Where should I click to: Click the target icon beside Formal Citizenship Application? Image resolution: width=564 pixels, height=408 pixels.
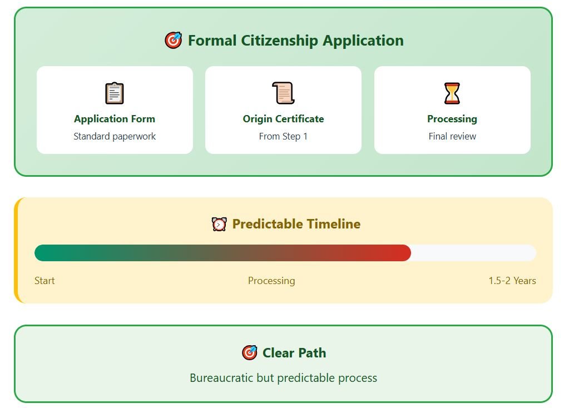point(174,40)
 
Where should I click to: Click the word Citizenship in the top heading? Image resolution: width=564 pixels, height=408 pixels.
point(279,41)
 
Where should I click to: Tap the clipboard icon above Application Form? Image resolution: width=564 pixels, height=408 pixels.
point(115,93)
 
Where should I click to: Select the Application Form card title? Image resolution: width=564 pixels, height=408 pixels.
point(115,118)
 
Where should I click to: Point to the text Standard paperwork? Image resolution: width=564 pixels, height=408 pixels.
point(115,136)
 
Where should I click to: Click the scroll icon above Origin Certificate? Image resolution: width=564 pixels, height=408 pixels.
point(283,93)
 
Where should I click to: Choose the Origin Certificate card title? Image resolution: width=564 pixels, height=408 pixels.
point(283,118)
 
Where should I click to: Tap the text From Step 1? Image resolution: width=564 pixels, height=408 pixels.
point(283,136)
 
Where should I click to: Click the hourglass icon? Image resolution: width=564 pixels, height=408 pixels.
point(452,93)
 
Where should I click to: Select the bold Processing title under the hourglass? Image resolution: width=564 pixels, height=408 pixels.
point(452,118)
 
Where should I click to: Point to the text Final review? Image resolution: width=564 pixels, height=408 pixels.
point(452,136)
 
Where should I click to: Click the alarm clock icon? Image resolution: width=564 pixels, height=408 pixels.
point(219,224)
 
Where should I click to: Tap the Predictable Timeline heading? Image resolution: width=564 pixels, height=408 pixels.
point(296,224)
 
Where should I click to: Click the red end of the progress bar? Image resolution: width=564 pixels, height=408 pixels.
point(405,253)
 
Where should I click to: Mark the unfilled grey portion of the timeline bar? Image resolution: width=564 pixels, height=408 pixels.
point(474,253)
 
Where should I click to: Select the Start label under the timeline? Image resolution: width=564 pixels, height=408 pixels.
point(44,280)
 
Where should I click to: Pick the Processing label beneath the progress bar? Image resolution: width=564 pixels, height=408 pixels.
point(271,280)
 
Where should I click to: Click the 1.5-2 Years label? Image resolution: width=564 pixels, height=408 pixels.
point(512,280)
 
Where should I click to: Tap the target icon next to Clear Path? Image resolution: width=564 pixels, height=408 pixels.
point(250,352)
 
